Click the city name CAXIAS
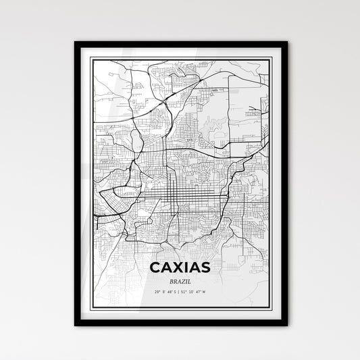180,266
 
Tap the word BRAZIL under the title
180,280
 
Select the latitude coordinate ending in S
165,291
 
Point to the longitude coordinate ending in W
195,291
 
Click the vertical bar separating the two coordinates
180,291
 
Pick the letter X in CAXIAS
176,266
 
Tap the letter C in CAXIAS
155,266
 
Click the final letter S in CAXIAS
205,266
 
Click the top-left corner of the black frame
76,43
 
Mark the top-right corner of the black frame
286,43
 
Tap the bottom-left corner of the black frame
76,325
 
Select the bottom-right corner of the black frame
286,325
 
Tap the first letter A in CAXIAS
165,266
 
